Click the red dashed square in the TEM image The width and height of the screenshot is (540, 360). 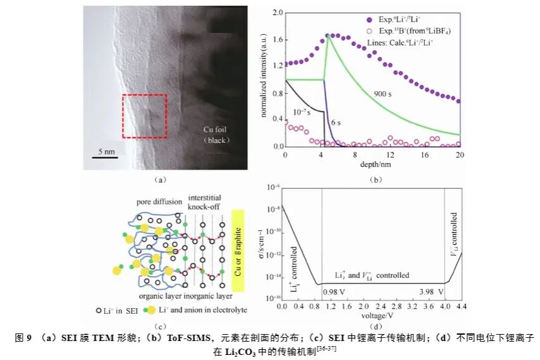(x=144, y=116)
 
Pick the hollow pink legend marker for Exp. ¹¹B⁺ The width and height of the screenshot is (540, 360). (x=352, y=30)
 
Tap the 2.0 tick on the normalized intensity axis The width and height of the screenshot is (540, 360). (x=276, y=12)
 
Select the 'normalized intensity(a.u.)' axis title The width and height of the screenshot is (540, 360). (x=264, y=79)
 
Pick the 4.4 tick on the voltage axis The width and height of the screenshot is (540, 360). (x=462, y=307)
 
